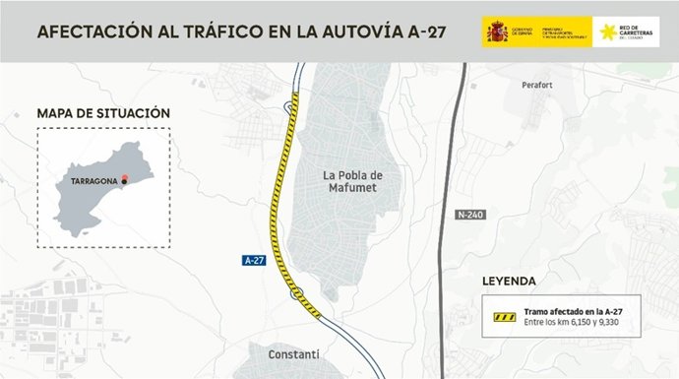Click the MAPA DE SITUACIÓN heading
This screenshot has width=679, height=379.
coord(102,113)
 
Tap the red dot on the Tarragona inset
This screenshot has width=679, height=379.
coord(125,177)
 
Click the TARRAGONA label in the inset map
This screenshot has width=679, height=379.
coord(94,182)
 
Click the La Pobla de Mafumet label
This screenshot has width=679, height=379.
coord(352,182)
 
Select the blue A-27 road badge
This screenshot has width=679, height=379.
coord(255,260)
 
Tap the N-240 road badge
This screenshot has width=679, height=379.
coord(471,214)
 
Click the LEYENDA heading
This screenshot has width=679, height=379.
coord(509,281)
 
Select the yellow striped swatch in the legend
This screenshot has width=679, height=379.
coord(504,317)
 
